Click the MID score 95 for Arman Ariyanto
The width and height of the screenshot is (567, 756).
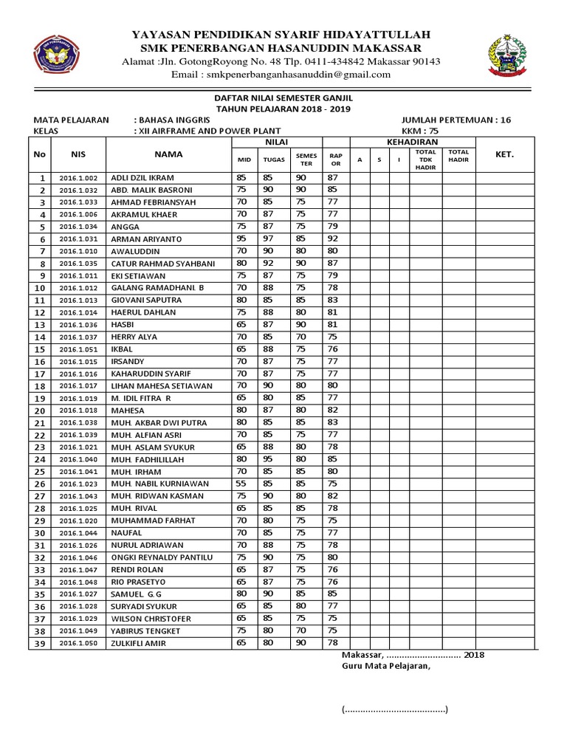coord(241,239)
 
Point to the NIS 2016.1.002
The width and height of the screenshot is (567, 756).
coord(78,178)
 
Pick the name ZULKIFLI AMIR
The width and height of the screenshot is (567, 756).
coord(139,643)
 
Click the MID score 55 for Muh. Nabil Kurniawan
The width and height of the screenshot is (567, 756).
coord(241,484)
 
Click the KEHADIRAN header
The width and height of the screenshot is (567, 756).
coord(412,142)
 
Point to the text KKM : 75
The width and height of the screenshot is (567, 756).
coord(419,131)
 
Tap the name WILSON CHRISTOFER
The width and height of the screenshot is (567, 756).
coord(151,619)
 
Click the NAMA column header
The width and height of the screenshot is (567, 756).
coord(168,154)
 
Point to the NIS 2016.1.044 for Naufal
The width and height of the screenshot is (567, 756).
coord(78,532)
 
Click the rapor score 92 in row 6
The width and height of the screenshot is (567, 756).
coord(333,239)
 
